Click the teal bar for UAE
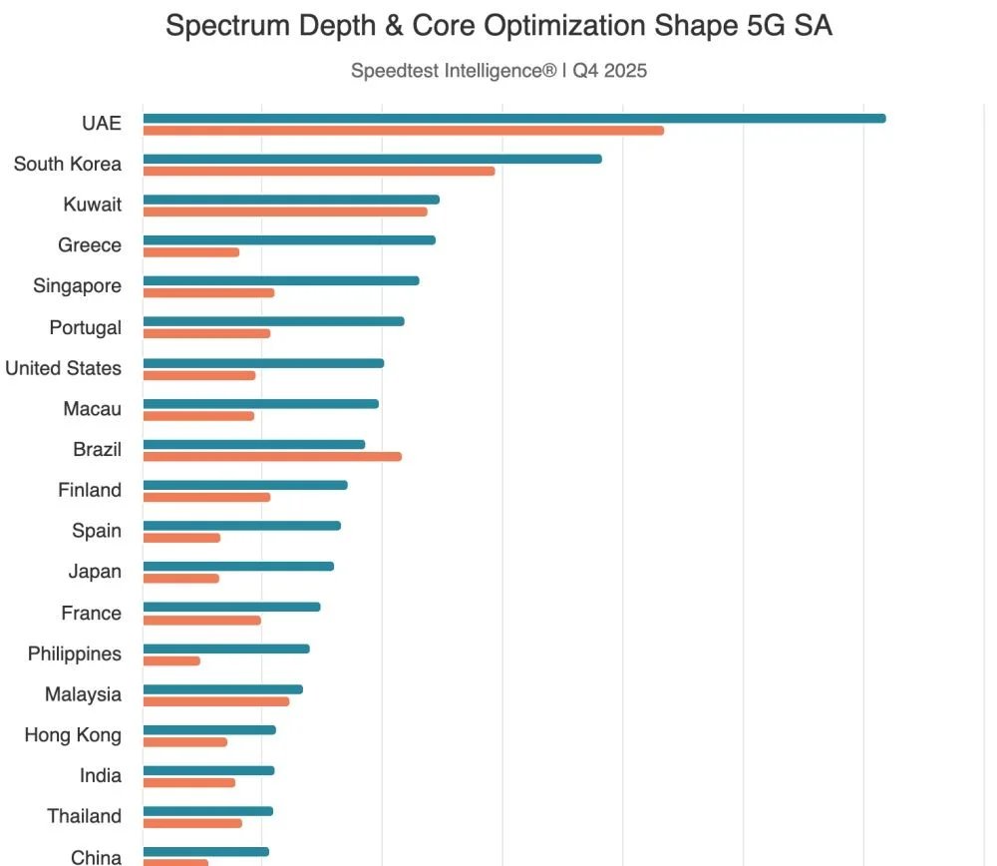point(513,118)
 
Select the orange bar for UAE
point(403,131)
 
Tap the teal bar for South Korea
point(372,159)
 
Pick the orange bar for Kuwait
point(285,212)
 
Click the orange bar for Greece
point(191,252)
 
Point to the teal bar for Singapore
point(281,280)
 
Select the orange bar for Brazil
point(272,456)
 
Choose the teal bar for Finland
point(245,485)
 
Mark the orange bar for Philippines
point(171,660)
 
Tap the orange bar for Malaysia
point(216,701)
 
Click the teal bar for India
point(208,770)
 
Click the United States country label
point(63,368)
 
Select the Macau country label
point(92,409)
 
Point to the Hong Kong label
point(73,735)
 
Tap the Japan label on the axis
point(95,572)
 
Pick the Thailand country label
point(84,816)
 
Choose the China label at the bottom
point(96,856)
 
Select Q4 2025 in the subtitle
point(609,71)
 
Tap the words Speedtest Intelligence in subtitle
point(453,71)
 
